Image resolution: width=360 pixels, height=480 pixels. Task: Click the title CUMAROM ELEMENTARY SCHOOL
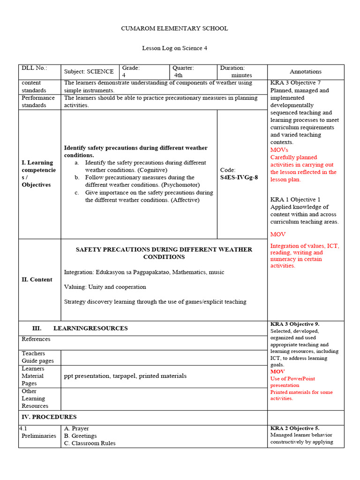(174, 29)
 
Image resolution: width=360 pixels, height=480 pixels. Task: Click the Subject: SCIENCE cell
(89, 72)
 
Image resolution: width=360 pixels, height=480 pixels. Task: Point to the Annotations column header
(306, 72)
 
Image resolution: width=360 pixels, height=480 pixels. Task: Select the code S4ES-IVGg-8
(239, 178)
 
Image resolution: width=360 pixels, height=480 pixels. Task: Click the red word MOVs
(279, 150)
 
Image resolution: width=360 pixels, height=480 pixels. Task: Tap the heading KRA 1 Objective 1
(295, 200)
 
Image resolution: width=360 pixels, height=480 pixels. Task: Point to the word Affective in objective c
(185, 200)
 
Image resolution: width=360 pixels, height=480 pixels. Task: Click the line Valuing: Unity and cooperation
(105, 287)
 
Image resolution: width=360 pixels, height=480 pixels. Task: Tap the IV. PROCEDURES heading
(49, 417)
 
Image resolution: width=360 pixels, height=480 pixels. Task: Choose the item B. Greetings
(81, 436)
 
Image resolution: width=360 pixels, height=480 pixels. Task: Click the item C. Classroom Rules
(90, 443)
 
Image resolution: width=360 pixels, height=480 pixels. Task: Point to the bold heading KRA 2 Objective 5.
(295, 428)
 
